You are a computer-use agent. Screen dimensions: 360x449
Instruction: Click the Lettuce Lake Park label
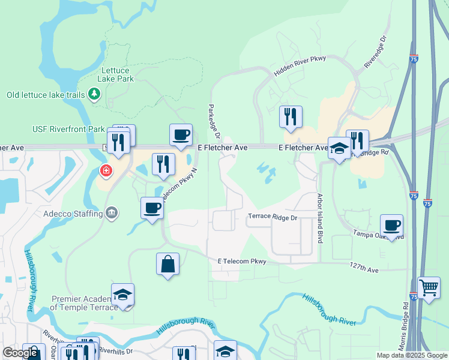click(x=116, y=74)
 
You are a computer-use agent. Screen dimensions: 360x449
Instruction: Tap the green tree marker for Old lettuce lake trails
click(x=94, y=94)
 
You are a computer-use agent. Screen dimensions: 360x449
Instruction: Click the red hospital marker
click(x=106, y=172)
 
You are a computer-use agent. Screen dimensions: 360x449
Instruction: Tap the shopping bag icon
click(x=167, y=264)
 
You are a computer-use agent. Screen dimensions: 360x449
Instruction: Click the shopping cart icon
click(x=429, y=288)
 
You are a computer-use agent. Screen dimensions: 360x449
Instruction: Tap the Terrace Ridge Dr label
click(x=274, y=217)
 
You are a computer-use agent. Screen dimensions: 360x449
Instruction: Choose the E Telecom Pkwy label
click(x=242, y=261)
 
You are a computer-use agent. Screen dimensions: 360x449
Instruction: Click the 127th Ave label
click(x=365, y=270)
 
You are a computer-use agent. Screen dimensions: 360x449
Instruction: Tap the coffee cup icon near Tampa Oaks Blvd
click(x=391, y=226)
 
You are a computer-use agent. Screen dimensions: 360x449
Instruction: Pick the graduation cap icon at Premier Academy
click(x=122, y=295)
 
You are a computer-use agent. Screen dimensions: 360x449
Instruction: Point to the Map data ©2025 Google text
click(x=411, y=355)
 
